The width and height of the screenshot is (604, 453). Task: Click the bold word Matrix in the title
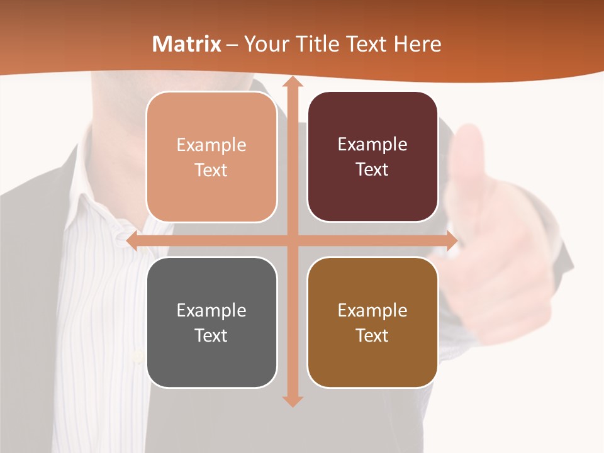point(187,44)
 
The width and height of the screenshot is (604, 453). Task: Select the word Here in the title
point(417,44)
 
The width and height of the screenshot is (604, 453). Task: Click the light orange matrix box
point(211,157)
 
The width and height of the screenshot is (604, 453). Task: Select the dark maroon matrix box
point(372,157)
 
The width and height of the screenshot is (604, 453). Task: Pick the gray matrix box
point(211,322)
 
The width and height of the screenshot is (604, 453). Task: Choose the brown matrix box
point(372,322)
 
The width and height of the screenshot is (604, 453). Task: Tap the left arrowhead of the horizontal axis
point(133,241)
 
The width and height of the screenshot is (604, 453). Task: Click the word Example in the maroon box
point(372,144)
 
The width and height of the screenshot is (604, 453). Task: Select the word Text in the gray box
point(211,335)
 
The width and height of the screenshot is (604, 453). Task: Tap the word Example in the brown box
point(372,310)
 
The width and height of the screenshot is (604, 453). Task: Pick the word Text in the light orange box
point(211,170)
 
